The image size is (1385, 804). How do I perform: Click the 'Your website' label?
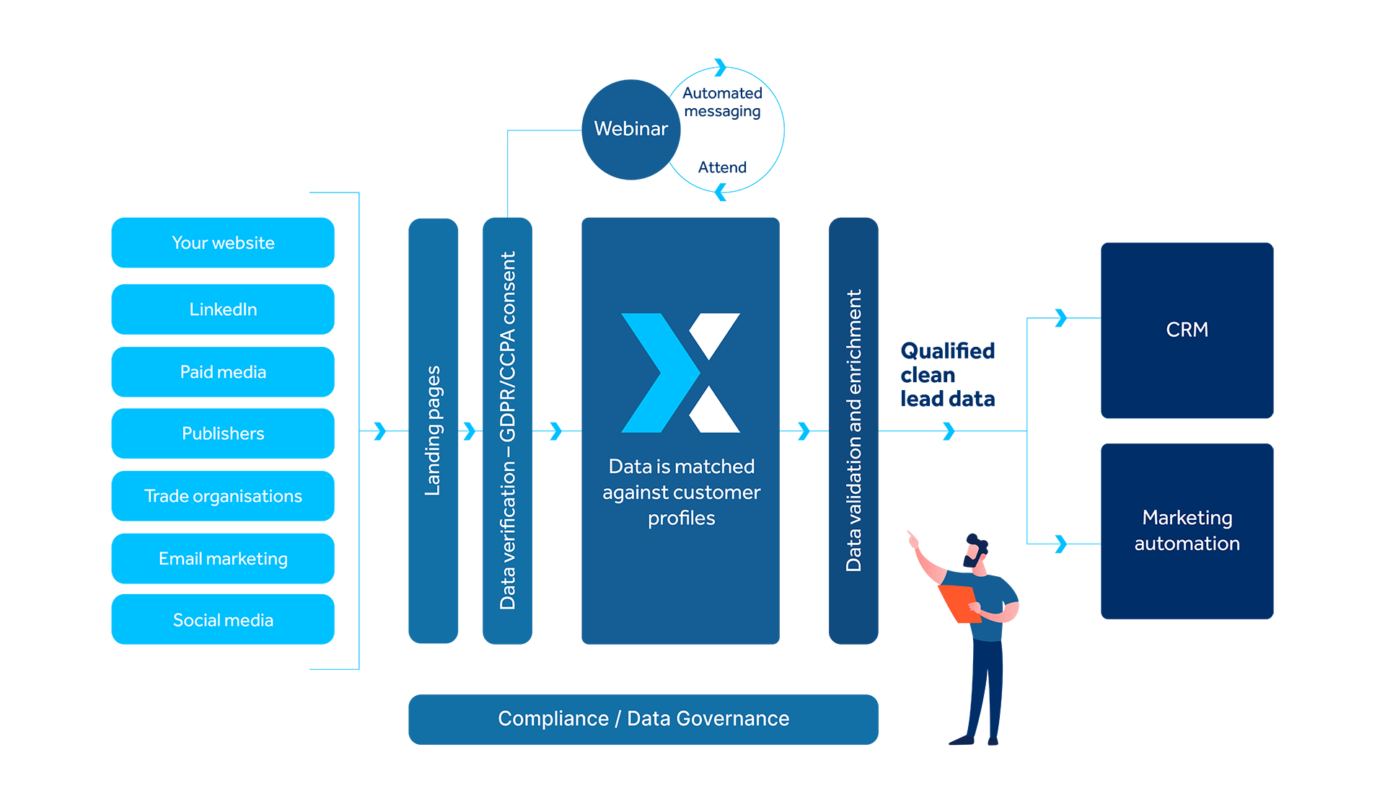(x=223, y=243)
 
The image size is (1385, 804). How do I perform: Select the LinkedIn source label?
(x=223, y=309)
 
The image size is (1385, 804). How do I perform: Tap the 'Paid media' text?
(x=223, y=372)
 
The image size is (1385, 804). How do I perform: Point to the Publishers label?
(x=223, y=433)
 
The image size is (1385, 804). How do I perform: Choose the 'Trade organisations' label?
(x=223, y=496)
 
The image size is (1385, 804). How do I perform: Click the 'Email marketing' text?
(x=223, y=559)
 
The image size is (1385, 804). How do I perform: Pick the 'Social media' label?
(x=223, y=620)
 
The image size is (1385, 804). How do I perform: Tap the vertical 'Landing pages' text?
(x=432, y=430)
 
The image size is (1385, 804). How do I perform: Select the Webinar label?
(x=630, y=128)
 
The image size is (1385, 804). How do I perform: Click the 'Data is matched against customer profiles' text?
(x=681, y=492)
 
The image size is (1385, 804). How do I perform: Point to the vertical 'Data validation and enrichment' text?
(x=853, y=430)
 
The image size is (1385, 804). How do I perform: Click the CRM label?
(x=1187, y=330)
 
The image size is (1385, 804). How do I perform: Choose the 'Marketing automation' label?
(x=1187, y=530)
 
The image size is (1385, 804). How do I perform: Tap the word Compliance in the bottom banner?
(x=553, y=718)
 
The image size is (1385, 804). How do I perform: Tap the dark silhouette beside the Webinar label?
(x=725, y=130)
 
